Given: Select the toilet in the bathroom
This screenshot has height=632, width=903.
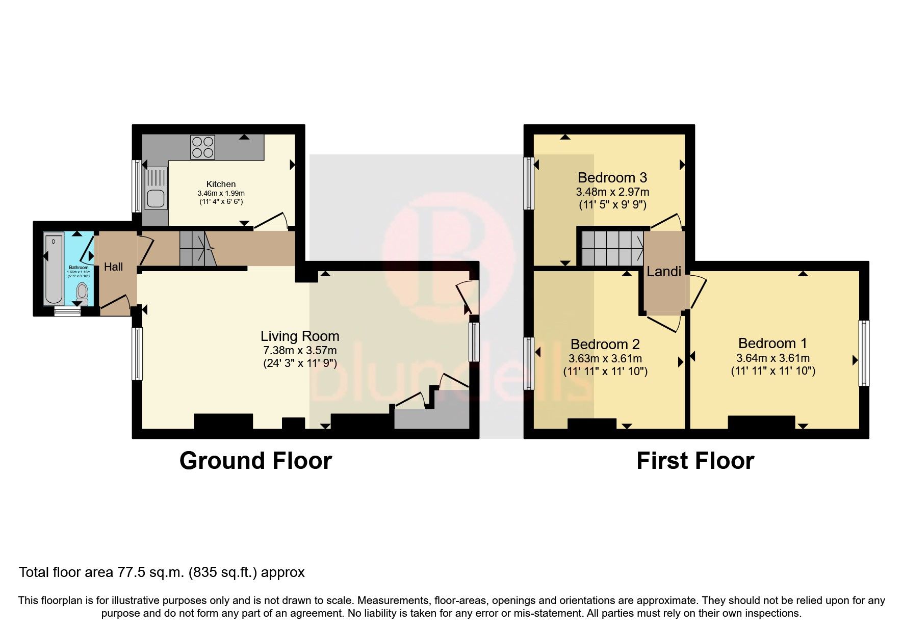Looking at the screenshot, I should click(x=82, y=293).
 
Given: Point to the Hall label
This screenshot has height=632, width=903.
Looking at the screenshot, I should click(x=113, y=267).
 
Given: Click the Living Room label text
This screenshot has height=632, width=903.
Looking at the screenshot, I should click(x=300, y=336).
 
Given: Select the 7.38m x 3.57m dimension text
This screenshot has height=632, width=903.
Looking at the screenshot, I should click(x=300, y=350).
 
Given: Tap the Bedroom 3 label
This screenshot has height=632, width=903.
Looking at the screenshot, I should click(x=612, y=177).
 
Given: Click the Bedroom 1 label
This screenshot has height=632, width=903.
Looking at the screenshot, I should click(x=772, y=343).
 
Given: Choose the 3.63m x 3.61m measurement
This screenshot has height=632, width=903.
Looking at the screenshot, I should click(x=605, y=358).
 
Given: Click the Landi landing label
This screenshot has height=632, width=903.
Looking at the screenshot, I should click(x=664, y=272).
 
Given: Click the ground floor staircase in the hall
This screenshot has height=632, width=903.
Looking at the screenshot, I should click(x=197, y=248).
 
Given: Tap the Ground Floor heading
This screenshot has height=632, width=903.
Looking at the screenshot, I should click(x=255, y=461).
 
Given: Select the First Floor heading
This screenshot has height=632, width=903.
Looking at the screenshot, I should click(x=695, y=461).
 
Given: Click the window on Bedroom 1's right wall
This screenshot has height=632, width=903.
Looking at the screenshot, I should click(x=864, y=352).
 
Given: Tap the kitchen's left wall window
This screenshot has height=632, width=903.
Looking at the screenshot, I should click(x=137, y=186).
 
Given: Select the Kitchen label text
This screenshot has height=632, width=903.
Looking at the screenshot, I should click(x=221, y=184).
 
